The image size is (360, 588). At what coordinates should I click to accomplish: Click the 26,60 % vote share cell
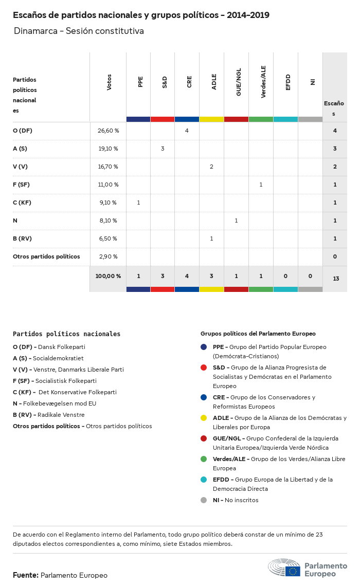coord(108,131)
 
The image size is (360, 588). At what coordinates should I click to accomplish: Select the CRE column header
coord(189,82)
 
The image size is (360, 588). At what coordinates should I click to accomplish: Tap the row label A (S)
coord(20,149)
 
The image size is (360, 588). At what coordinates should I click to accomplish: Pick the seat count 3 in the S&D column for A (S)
coord(163,149)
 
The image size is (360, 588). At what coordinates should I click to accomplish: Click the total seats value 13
coord(336,279)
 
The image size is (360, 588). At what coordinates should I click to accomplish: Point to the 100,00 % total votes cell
coord(108,276)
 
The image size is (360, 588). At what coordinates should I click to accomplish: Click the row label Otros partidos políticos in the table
coord(46,256)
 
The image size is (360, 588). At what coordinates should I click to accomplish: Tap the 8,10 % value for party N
coord(108,220)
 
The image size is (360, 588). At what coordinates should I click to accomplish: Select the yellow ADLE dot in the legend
coord(204,418)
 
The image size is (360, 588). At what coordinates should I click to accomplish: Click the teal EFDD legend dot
coord(204,480)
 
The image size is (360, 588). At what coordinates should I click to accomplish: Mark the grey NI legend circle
coord(204,500)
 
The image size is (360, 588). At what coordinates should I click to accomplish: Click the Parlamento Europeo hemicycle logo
coord(284,567)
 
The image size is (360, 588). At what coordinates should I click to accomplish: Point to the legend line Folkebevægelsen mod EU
coord(55,403)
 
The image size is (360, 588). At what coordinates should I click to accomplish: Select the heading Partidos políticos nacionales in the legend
coord(66,334)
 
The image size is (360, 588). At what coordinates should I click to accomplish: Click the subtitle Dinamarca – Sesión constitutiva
coord(79,31)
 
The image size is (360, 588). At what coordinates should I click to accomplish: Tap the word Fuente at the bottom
coord(25,575)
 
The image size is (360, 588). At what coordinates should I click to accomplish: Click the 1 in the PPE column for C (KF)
coord(138,203)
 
